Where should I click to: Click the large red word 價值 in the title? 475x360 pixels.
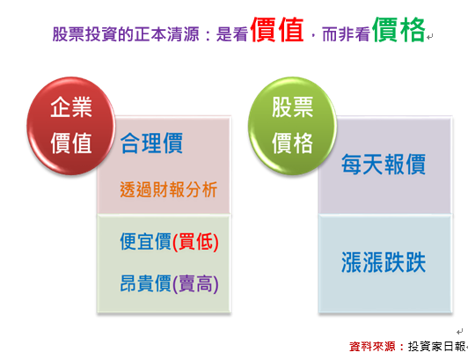point(277,30)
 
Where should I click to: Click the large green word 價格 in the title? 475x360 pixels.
point(398,30)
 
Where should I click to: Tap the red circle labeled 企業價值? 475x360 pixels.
point(71,126)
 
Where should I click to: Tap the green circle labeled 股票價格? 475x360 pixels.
point(292,126)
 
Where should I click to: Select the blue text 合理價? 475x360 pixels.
point(151,143)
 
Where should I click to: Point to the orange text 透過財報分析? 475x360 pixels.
point(168,190)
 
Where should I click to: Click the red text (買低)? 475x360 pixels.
point(195,242)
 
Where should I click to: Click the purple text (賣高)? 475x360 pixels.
point(195,283)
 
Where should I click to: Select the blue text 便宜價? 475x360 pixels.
point(146,241)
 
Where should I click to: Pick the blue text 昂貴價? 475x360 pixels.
point(146,283)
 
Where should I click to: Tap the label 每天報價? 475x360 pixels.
point(384,165)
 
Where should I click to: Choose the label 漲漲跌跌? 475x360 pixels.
point(384,262)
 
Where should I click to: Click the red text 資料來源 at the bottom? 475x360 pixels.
point(372,347)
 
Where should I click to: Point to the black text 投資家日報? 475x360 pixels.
point(437,347)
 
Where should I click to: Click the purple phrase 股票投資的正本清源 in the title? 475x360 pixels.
point(126,34)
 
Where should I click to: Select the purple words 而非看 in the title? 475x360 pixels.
point(346,34)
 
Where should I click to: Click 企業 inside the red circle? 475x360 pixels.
point(71,107)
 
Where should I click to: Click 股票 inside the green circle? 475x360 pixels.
point(292,107)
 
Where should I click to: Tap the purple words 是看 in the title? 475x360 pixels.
point(232,34)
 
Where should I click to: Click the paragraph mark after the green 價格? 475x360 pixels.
point(429,37)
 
